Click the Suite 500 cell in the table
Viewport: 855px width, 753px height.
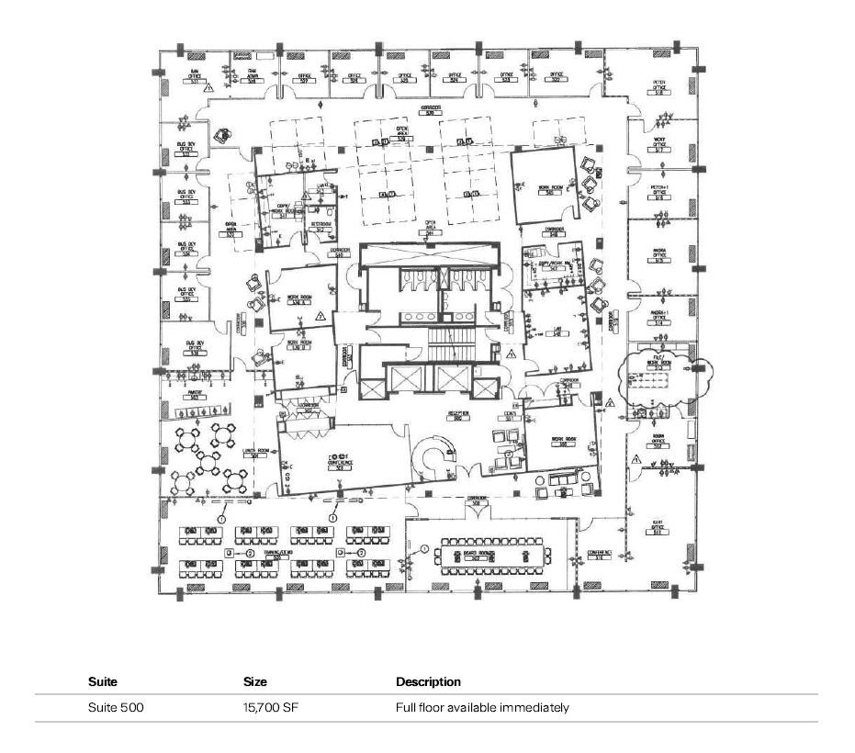[116, 708]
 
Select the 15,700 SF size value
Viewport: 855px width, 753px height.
[264, 708]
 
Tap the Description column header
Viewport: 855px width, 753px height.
[428, 682]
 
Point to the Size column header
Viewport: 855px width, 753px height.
[254, 682]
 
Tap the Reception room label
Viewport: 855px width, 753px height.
[459, 416]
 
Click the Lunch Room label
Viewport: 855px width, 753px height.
[256, 452]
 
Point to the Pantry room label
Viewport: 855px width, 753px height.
[195, 395]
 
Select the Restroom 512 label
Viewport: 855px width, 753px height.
[320, 227]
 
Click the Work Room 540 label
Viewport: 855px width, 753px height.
[550, 190]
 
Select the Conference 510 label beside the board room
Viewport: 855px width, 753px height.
[600, 555]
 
